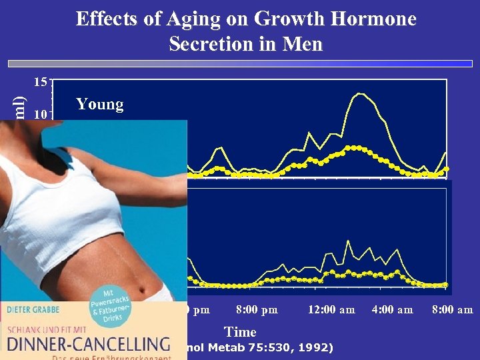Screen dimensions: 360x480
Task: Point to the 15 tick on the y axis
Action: pos(41,83)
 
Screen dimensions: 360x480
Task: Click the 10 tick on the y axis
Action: pos(41,114)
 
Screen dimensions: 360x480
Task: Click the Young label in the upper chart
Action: pos(100,104)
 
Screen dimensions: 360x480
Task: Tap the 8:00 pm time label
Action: pos(257,309)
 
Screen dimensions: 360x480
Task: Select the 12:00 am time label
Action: pos(331,309)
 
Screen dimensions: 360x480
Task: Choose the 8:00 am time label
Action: pos(452,309)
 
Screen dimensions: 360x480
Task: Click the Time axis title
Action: pos(240,331)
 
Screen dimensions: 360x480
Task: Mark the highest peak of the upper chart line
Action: pos(360,93)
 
